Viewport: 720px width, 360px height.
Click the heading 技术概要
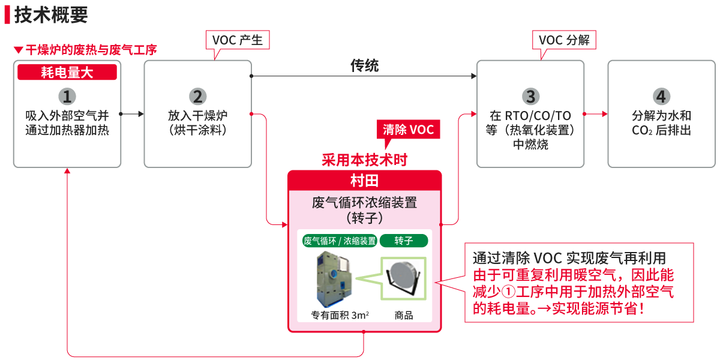[51, 14]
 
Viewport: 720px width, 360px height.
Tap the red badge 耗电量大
[67, 73]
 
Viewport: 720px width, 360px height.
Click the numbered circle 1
[67, 96]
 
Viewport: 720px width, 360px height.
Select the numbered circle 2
[197, 96]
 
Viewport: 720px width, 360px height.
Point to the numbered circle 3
[530, 96]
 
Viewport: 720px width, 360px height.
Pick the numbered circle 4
[661, 96]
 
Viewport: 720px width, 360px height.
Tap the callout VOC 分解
[564, 40]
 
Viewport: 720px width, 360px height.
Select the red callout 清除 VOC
[408, 130]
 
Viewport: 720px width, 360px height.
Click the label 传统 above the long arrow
[364, 65]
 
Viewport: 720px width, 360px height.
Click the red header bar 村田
[364, 181]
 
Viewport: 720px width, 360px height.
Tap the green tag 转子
[404, 241]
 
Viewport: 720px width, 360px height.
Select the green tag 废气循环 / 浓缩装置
[340, 241]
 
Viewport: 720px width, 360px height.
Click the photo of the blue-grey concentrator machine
[334, 280]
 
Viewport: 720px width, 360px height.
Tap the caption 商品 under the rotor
[404, 315]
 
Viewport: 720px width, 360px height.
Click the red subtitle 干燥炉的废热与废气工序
[91, 50]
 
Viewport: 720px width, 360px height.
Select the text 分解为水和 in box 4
[661, 116]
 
